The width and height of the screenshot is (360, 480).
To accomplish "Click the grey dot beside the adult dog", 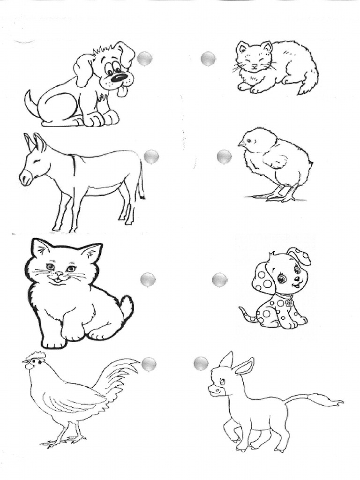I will (145, 59).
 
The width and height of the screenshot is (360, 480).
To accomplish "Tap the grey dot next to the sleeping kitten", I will (208, 59).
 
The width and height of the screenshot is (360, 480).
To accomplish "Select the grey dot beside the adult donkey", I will (151, 157).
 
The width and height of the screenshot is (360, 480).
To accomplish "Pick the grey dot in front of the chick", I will (224, 157).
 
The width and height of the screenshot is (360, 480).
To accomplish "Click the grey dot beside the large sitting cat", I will (148, 280).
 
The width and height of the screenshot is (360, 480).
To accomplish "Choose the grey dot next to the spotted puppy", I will (219, 280).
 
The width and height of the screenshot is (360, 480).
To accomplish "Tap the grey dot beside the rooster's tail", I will (149, 364).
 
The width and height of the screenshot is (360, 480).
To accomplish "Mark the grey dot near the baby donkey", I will (201, 363).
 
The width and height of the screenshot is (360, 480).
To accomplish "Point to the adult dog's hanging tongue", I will (122, 91).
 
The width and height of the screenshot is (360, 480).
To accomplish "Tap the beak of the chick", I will (241, 143).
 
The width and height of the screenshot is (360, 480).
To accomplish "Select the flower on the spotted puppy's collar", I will (289, 303).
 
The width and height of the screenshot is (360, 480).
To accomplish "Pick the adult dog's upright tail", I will (31, 102).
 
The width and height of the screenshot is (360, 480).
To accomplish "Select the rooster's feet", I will (63, 439).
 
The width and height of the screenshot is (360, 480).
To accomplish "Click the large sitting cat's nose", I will (58, 274).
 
